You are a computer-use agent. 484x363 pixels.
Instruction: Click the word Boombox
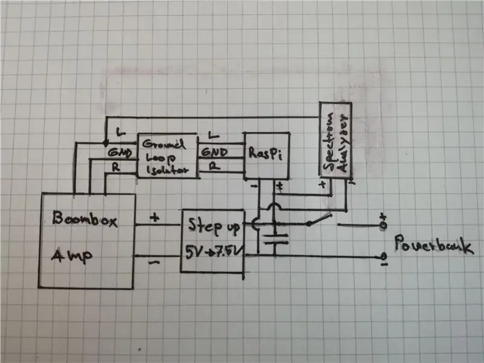[x=85, y=218]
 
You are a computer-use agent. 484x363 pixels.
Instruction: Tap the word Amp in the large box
[x=71, y=255]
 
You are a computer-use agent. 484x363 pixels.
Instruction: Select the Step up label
[x=214, y=226]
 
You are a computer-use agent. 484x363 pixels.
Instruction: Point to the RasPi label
[x=265, y=153]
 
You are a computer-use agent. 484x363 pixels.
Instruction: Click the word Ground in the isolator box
[x=163, y=144]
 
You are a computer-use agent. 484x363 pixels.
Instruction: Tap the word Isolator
[x=167, y=170]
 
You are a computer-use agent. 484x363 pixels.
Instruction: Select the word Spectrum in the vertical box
[x=328, y=142]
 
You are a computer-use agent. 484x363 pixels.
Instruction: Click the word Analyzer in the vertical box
[x=342, y=143]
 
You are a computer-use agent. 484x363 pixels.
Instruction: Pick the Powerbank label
[x=434, y=245]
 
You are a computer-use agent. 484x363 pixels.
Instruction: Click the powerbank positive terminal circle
[x=383, y=225]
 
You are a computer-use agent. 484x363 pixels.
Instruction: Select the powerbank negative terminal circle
[x=384, y=257]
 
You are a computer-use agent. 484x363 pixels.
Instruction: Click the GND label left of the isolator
[x=120, y=152]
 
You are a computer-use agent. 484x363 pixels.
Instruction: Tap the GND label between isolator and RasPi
[x=215, y=152]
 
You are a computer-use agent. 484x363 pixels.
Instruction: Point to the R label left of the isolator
[x=116, y=168]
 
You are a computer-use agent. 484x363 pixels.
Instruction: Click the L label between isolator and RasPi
[x=214, y=135]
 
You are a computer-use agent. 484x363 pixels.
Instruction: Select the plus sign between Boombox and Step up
[x=154, y=218]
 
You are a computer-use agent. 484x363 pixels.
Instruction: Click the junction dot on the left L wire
[x=105, y=143]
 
